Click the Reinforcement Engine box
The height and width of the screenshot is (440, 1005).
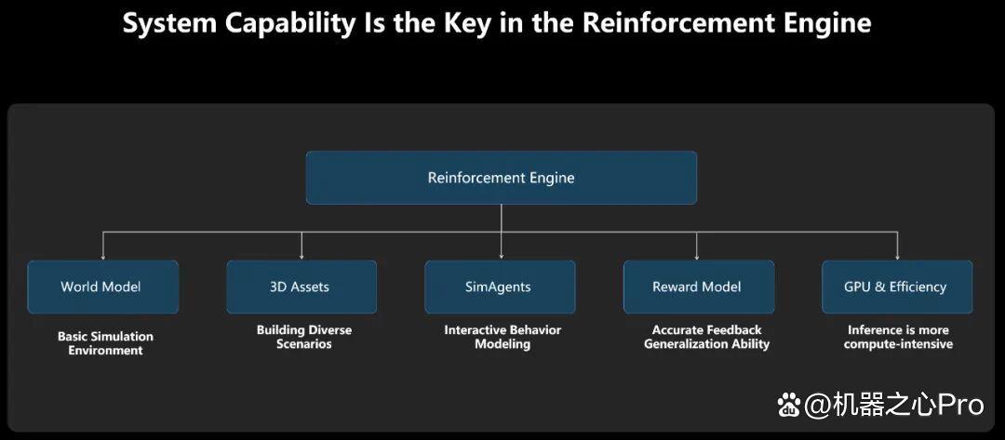[x=502, y=178]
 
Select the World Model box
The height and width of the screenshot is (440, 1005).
[x=102, y=287]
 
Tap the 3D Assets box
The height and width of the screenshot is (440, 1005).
[x=301, y=287]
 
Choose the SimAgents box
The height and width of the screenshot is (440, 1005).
[x=500, y=287]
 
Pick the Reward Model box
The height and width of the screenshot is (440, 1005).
[x=699, y=287]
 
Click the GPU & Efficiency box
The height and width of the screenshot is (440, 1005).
[x=897, y=287]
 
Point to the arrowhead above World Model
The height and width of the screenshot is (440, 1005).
[x=102, y=256]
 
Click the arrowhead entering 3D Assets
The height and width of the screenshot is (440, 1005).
[x=301, y=256]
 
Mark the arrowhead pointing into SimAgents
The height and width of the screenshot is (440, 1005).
[x=502, y=256]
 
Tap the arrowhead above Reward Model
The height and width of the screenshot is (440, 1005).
[x=697, y=256]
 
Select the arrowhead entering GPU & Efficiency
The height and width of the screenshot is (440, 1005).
[x=897, y=256]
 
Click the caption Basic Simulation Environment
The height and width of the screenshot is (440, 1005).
[x=106, y=343]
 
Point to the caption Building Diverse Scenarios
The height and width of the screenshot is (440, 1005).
[x=304, y=337]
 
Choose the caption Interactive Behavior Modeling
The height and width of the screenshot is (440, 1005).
[x=502, y=337]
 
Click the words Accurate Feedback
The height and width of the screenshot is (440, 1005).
[x=706, y=330]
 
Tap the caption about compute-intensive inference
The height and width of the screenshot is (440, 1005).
[x=898, y=337]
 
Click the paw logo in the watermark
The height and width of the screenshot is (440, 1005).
[x=789, y=405]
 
